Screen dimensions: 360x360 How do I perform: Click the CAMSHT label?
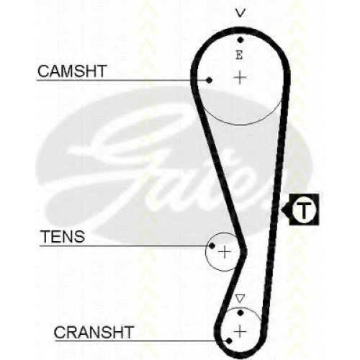tap(72, 71)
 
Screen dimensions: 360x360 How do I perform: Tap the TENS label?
tap(63, 237)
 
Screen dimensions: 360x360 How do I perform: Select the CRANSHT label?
tap(94, 333)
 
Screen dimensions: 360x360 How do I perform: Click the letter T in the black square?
tap(304, 210)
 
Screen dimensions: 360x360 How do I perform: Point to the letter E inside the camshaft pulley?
tap(239, 55)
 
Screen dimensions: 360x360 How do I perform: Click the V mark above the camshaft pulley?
tap(240, 13)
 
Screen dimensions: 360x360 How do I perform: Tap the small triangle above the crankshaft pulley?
tap(240, 299)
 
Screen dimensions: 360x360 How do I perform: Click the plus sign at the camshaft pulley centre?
tap(240, 78)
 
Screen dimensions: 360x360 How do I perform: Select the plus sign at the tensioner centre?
tap(225, 252)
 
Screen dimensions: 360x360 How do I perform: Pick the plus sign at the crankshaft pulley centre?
tap(240, 332)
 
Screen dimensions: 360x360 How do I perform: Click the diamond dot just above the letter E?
tap(240, 40)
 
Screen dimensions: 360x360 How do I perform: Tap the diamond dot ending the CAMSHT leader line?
tap(209, 80)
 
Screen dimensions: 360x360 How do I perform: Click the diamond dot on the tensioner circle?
tap(212, 246)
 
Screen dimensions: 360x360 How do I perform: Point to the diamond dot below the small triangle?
tap(240, 312)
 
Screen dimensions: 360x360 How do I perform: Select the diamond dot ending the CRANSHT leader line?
tap(229, 341)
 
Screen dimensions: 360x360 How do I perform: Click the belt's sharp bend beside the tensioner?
tap(244, 251)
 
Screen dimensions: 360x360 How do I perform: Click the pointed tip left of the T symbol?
tap(282, 210)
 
